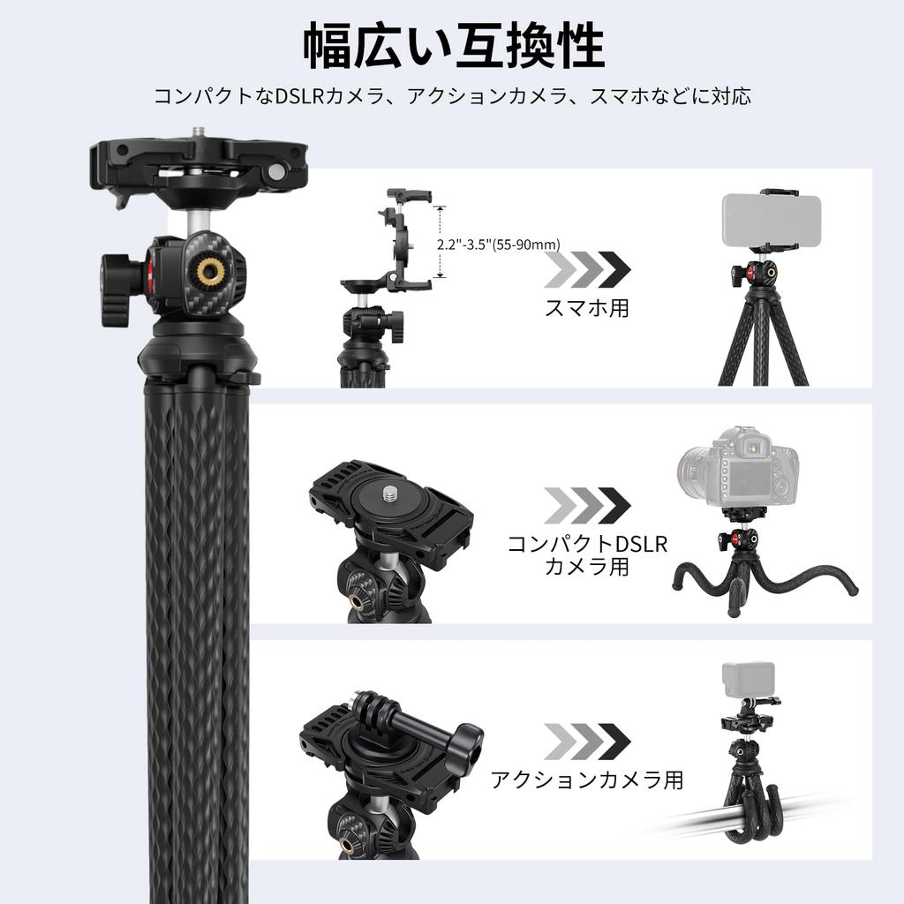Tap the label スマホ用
(x=586, y=308)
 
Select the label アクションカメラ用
(x=587, y=780)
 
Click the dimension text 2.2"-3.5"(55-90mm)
(x=499, y=244)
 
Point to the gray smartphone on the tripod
(x=771, y=221)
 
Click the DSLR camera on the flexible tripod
(x=738, y=467)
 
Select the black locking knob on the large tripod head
(x=117, y=290)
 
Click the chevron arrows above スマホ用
(x=587, y=269)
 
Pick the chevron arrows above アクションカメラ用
(x=587, y=742)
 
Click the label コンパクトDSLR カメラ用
(x=587, y=554)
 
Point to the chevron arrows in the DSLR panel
(x=587, y=505)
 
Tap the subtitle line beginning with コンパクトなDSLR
(x=452, y=96)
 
